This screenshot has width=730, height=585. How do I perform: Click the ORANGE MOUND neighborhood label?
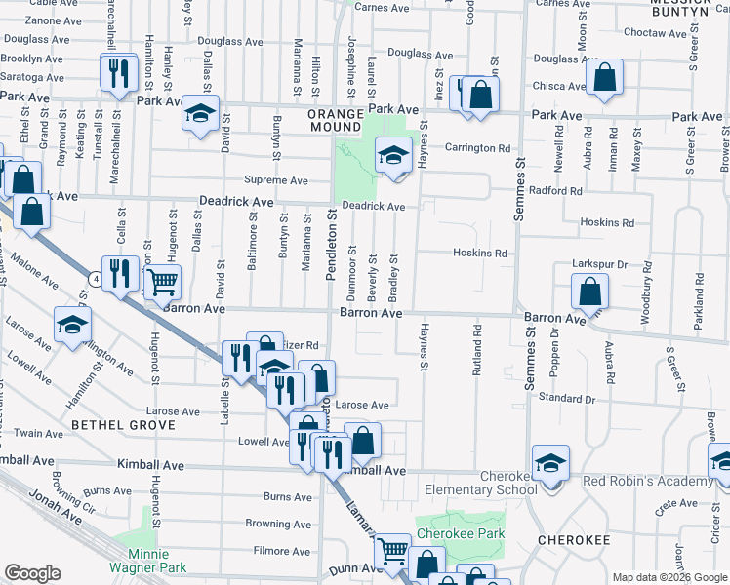336,120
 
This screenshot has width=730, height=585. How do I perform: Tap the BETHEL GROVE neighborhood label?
122,425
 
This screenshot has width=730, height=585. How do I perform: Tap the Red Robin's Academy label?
647,482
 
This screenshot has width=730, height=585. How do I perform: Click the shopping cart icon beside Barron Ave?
162,284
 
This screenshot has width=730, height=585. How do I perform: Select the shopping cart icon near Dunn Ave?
392,552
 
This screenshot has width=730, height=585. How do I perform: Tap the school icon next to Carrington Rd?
393,155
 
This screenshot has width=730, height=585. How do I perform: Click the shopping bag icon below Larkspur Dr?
590,292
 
